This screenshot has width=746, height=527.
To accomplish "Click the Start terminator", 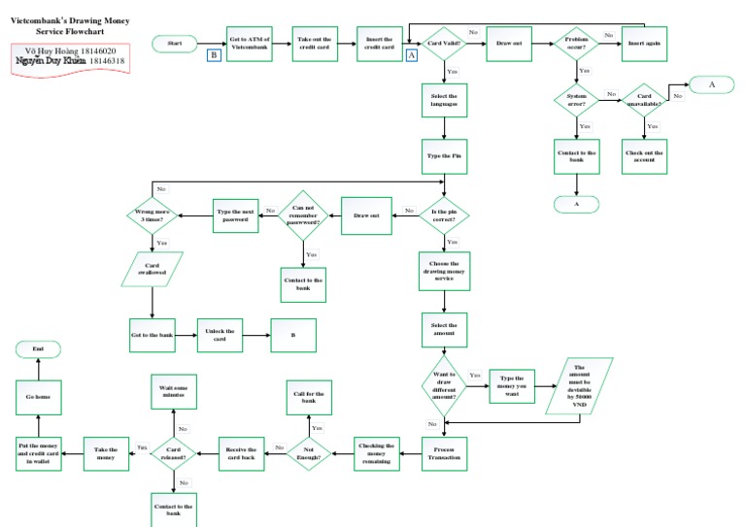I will [x=175, y=44].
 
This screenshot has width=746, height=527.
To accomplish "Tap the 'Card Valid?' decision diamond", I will [x=444, y=44].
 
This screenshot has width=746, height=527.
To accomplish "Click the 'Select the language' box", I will [x=444, y=101].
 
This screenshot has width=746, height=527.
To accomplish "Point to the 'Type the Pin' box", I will [x=444, y=155].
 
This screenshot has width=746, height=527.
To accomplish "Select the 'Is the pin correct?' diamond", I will [x=444, y=214].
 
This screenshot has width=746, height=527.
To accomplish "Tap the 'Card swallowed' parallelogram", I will [x=153, y=269].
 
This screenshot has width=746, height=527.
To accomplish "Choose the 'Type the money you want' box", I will [x=512, y=384].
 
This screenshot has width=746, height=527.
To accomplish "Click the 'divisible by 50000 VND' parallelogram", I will [x=580, y=385].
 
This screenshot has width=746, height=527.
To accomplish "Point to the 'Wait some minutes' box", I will [x=173, y=393].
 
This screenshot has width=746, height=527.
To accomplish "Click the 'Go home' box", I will [x=38, y=396].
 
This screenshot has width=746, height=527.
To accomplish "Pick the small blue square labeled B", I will [x=213, y=55].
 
